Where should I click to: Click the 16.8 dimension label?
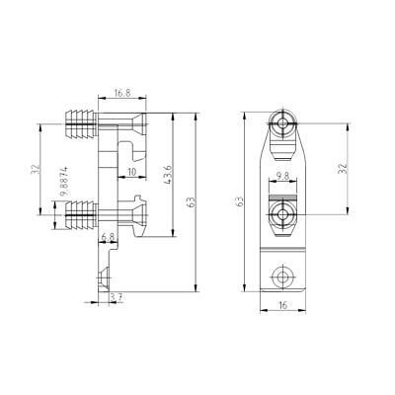tap(122, 93)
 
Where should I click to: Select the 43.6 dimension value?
tap(167, 175)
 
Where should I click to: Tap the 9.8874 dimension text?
tap(64, 181)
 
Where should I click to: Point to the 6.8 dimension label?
tap(108, 236)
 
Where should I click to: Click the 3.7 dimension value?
tap(117, 297)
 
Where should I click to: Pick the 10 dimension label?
tap(131, 172)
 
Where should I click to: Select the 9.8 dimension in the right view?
tap(282, 176)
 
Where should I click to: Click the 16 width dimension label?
tap(282, 305)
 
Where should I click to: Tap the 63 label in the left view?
tap(191, 201)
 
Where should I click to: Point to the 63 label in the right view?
tap(240, 201)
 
